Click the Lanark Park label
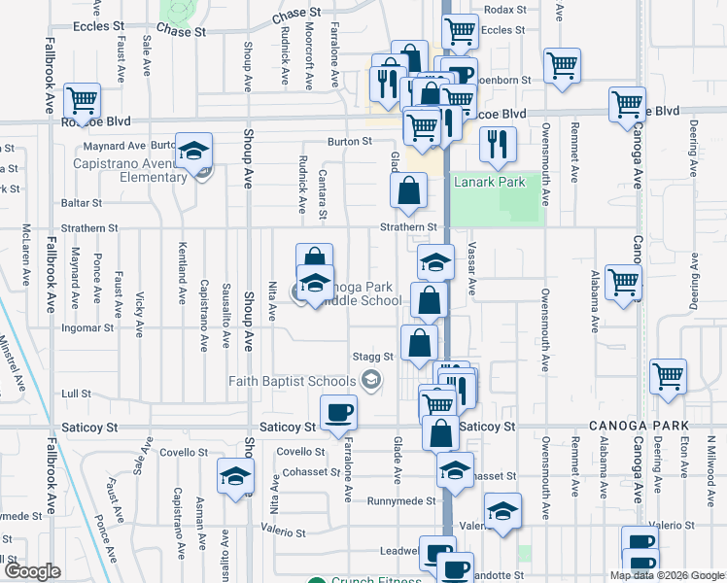tap(487, 181)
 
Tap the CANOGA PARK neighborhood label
tap(639, 427)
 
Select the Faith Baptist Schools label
tap(292, 381)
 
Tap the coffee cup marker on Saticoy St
tap(338, 413)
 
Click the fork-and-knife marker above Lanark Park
tap(498, 143)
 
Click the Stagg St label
tap(374, 357)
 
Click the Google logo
tap(31, 571)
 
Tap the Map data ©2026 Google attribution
tap(666, 575)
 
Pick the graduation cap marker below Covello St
tap(233, 478)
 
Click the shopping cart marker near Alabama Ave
tap(623, 283)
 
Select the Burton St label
tap(350, 142)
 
